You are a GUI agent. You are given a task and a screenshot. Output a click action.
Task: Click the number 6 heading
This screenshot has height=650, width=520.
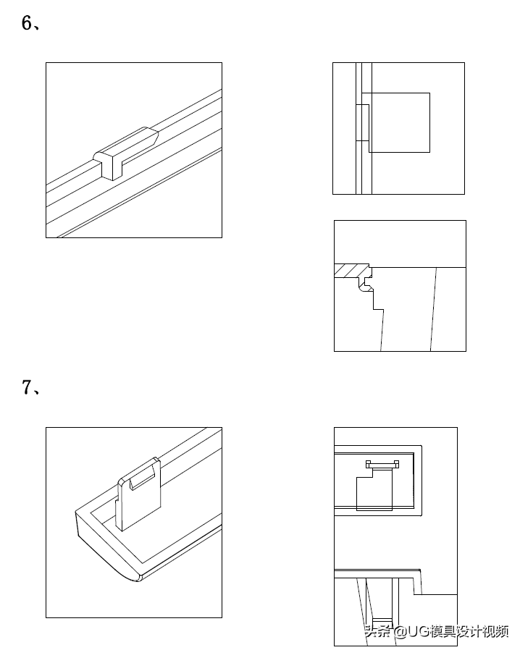click(27, 22)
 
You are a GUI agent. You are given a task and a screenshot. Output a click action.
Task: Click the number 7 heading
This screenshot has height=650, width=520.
click(27, 387)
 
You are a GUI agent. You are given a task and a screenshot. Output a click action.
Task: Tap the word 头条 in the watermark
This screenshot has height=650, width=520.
click(377, 631)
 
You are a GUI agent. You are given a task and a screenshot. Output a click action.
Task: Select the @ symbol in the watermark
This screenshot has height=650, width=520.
click(400, 631)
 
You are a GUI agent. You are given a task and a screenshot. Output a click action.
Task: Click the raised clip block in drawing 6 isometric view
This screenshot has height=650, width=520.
click(125, 153)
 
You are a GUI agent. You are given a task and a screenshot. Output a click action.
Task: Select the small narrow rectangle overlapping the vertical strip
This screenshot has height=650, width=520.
click(362, 122)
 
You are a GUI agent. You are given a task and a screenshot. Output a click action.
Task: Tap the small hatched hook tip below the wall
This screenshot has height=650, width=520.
click(366, 287)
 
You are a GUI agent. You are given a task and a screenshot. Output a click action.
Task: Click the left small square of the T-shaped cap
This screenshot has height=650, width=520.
click(368, 464)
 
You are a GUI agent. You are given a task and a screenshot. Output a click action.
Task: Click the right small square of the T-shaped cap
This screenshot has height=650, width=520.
click(396, 464)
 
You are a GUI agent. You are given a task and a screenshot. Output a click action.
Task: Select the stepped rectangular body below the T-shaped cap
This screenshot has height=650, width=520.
click(374, 489)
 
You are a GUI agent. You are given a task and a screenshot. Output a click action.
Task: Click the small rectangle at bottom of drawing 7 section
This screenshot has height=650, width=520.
click(382, 622)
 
